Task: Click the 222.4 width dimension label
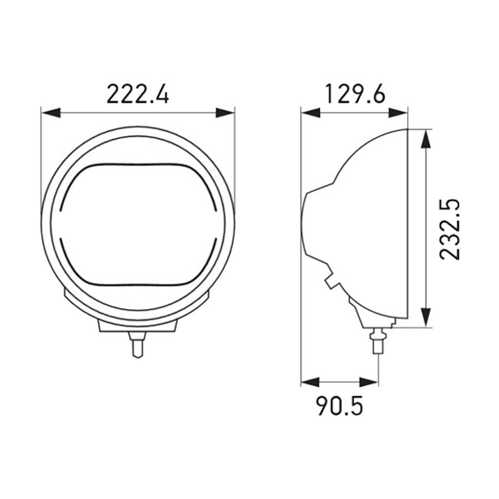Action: (x=138, y=94)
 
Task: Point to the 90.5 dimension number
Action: (x=339, y=407)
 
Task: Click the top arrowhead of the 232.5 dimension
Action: (x=426, y=139)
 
